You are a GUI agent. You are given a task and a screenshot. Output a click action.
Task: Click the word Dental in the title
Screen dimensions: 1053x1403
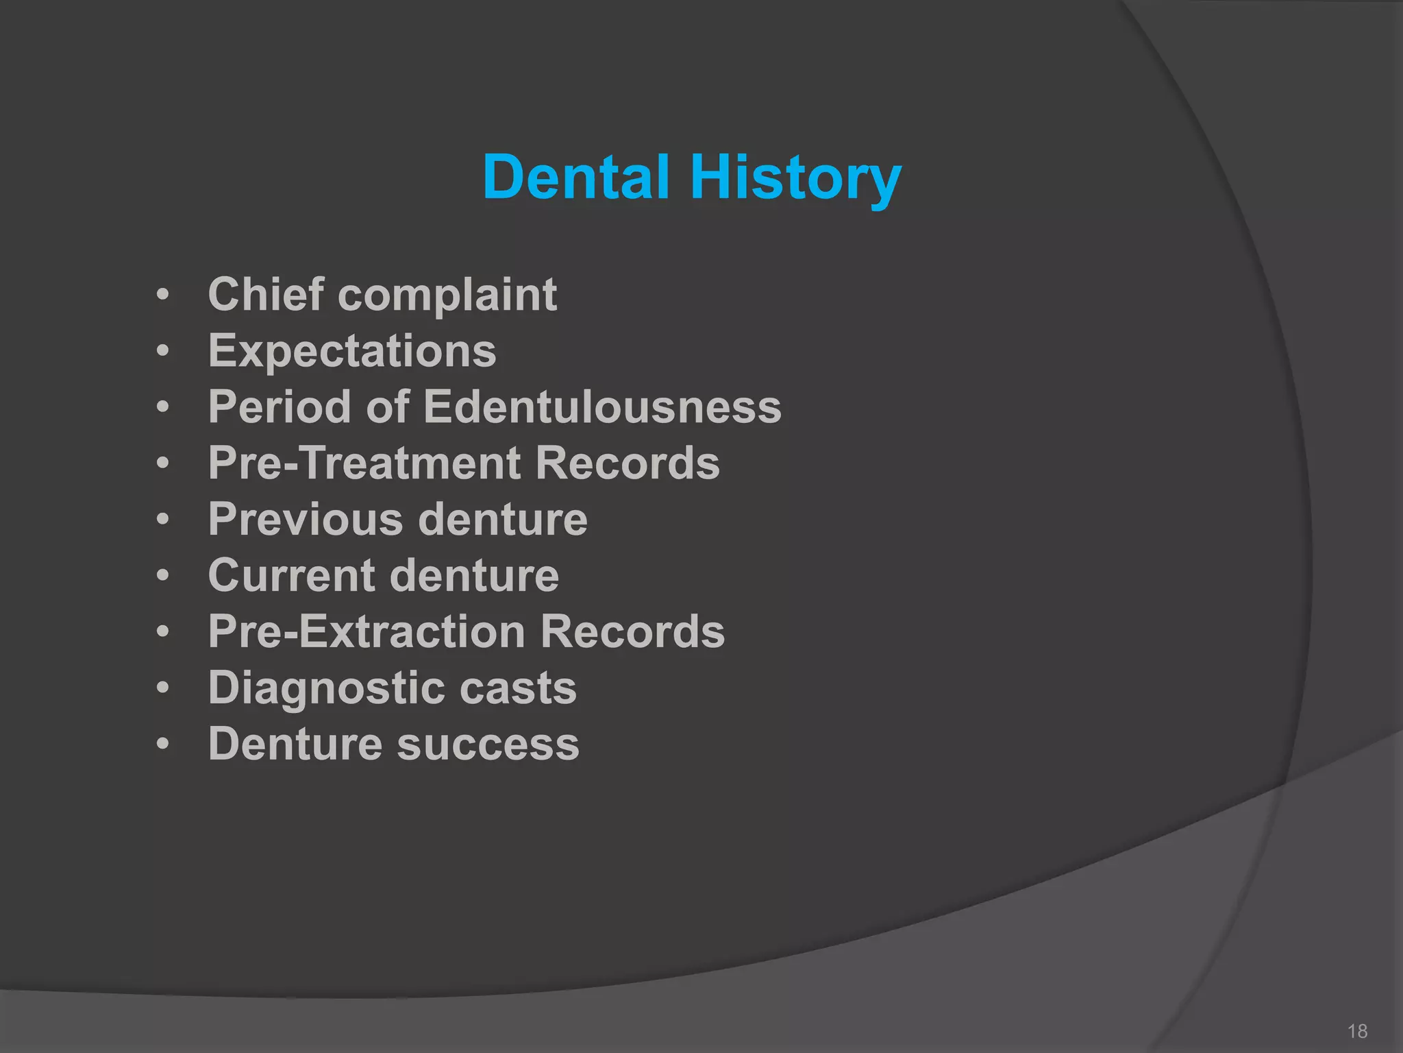click(575, 177)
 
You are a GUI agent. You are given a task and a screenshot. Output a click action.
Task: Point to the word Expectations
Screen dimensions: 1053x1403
click(352, 352)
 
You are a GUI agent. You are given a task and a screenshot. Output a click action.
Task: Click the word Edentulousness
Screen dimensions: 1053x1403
click(602, 407)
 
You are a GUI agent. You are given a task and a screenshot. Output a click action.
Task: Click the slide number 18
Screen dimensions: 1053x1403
click(1357, 1031)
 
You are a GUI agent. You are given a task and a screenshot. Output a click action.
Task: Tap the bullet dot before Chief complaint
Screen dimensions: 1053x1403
click(162, 295)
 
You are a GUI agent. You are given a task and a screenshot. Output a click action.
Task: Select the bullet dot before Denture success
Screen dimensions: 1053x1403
click(162, 744)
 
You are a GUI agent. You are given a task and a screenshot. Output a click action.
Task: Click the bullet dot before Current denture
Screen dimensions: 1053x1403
click(162, 575)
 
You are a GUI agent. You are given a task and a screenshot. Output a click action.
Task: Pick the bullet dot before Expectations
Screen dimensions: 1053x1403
click(162, 352)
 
